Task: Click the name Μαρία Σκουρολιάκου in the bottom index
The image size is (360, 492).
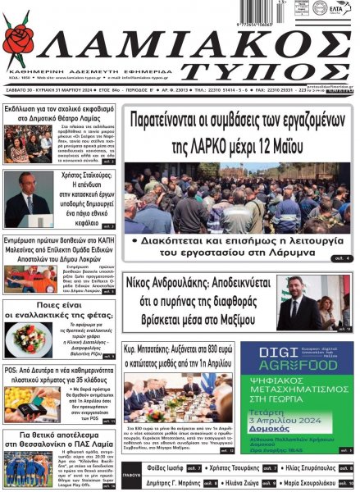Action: (x=316, y=484)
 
